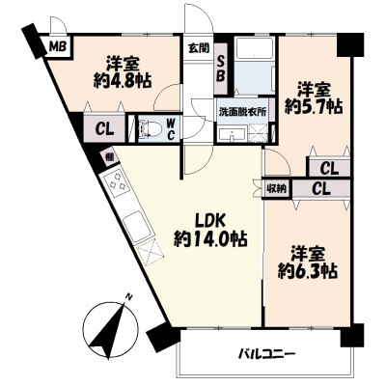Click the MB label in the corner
58,45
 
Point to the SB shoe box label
221,67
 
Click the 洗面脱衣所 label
241,112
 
